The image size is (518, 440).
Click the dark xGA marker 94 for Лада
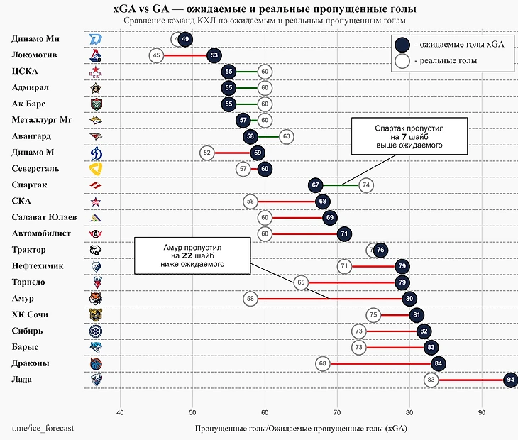pyautogui.click(x=510, y=380)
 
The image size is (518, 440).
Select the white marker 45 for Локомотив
pyautogui.click(x=157, y=55)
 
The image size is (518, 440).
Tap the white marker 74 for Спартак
pyautogui.click(x=366, y=185)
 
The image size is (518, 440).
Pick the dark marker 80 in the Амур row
pyautogui.click(x=409, y=299)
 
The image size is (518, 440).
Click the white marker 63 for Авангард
pyautogui.click(x=286, y=136)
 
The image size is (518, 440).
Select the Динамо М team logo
pyautogui.click(x=96, y=153)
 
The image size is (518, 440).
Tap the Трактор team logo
pyautogui.click(x=96, y=250)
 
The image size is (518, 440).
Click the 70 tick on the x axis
pyautogui.click(x=337, y=413)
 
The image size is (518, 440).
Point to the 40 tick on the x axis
pyautogui.click(x=120, y=413)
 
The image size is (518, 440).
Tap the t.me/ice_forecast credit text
pyautogui.click(x=43, y=429)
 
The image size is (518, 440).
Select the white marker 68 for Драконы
pyautogui.click(x=323, y=364)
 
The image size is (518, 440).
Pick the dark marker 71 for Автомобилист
pyautogui.click(x=344, y=233)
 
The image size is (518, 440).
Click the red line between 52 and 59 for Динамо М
pyautogui.click(x=232, y=153)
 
